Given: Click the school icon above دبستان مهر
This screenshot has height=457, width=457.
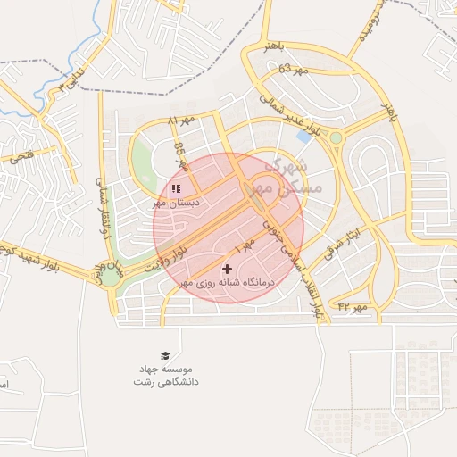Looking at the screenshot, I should point(176,189).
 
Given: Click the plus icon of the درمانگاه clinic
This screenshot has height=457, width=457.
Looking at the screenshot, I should point(227,268).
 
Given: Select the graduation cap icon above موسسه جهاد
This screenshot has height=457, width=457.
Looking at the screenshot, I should point(164,355).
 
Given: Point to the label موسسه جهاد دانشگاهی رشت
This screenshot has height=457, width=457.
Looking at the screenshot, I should point(165,375).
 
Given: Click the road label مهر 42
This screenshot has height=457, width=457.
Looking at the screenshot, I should point(352,308).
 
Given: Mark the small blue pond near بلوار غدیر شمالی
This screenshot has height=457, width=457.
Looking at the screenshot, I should point(305,137).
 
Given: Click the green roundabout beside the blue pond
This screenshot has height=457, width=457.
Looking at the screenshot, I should point(336,137).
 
